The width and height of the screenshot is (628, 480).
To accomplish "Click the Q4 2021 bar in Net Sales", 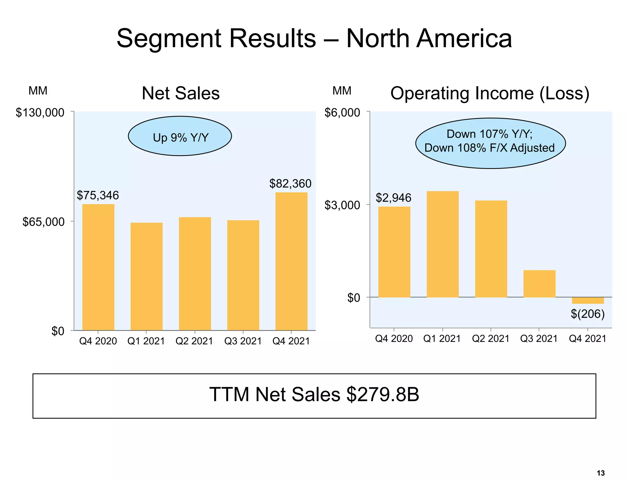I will click(x=291, y=261).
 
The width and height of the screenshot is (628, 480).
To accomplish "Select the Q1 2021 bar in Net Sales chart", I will click(x=147, y=276).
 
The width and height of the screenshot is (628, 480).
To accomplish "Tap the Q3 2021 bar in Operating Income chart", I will click(x=539, y=284).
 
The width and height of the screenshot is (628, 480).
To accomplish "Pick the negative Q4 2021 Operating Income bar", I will click(x=588, y=301).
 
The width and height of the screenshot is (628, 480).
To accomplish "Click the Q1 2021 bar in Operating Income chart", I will click(x=442, y=244).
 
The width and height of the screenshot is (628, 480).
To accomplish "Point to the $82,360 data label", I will click(x=290, y=184).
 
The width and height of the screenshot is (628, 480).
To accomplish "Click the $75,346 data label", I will click(x=98, y=195).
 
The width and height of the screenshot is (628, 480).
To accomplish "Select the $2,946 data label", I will click(x=393, y=198).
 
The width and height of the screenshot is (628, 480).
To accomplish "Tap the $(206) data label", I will click(x=588, y=314).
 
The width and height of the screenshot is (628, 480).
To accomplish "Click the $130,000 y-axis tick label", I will click(x=40, y=113).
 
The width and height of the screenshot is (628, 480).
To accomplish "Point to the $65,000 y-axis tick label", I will click(x=44, y=222).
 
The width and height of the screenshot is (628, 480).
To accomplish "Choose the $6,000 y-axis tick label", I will click(x=342, y=113).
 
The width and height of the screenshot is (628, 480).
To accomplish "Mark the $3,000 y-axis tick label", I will click(x=342, y=205).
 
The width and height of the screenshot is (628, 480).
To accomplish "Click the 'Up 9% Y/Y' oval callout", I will click(x=180, y=136).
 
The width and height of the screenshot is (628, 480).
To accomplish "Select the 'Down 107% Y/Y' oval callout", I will click(x=490, y=143).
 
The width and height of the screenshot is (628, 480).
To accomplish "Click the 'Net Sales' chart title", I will click(x=181, y=93).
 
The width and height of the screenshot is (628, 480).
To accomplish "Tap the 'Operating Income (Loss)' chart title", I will click(x=490, y=93).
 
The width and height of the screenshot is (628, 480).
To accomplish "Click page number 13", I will click(x=601, y=473).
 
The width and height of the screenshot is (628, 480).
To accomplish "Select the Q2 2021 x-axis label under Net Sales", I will click(x=194, y=341).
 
